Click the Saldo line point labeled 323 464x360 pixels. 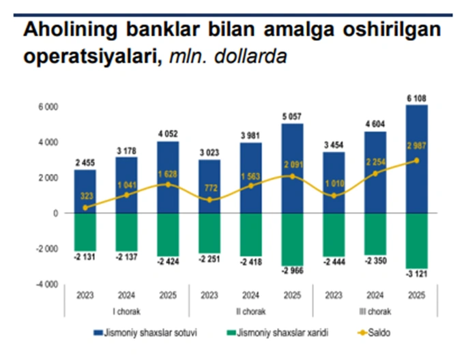85,207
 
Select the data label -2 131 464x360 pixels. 85,258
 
